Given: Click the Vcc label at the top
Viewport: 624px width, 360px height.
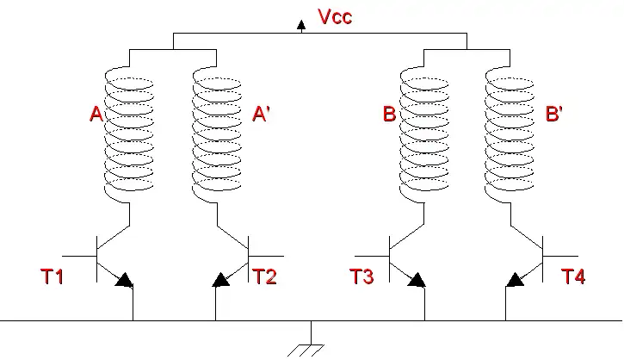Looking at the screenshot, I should [x=335, y=16].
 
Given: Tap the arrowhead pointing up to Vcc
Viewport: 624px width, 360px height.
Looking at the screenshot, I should [x=301, y=25].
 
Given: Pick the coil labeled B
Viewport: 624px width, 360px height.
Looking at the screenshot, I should [x=424, y=133].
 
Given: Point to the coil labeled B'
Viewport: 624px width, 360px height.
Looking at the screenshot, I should [x=510, y=133].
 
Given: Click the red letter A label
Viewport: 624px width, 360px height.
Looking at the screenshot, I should [x=96, y=115].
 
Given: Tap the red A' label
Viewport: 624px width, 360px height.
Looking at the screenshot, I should [x=262, y=115].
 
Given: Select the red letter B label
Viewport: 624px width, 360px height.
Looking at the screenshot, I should [x=389, y=115].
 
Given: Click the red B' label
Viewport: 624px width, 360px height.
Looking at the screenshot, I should [x=554, y=115].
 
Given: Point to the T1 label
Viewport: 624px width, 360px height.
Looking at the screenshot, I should [x=53, y=276].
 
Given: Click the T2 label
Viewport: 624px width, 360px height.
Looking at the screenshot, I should [x=265, y=276].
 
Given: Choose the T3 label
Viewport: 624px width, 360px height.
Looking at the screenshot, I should [x=361, y=276].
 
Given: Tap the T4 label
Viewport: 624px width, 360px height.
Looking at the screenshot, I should [x=573, y=276].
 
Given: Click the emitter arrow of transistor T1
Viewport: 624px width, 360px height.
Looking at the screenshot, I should [x=124, y=279].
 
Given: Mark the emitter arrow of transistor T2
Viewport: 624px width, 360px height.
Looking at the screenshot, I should [x=222, y=279].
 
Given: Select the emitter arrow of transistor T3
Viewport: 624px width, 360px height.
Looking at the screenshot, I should [x=417, y=279].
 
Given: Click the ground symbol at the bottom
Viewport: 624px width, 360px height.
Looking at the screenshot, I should [x=311, y=345].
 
